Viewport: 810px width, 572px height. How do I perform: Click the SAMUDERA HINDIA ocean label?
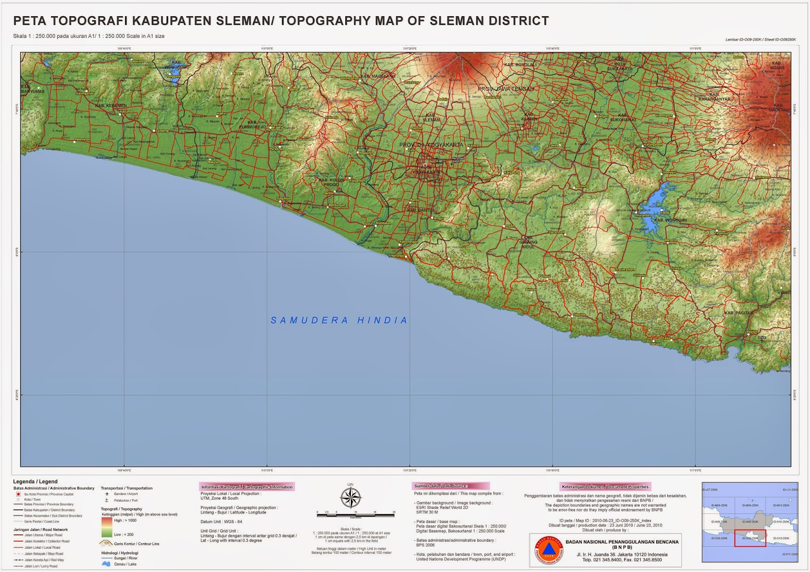tap(339, 320)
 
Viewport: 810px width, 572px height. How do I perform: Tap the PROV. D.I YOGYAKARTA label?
tap(431, 145)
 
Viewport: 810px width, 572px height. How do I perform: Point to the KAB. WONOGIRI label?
tap(670, 220)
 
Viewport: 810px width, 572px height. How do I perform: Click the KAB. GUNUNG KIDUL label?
tap(528, 242)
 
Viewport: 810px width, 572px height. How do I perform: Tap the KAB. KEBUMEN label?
tap(111, 106)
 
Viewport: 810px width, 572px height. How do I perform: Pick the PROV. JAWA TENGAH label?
tap(506, 89)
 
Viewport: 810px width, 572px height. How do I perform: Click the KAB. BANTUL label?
tap(421, 210)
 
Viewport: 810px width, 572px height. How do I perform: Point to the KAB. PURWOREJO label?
tap(252, 125)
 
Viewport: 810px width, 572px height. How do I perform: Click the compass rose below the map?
tap(350, 497)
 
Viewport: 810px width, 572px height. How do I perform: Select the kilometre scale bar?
tap(355, 515)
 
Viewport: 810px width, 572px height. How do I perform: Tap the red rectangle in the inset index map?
tap(750, 538)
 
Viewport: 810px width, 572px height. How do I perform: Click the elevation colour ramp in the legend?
tap(106, 527)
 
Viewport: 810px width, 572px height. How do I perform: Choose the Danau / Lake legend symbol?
tap(106, 564)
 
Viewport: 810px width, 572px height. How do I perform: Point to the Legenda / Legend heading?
tap(35, 481)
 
